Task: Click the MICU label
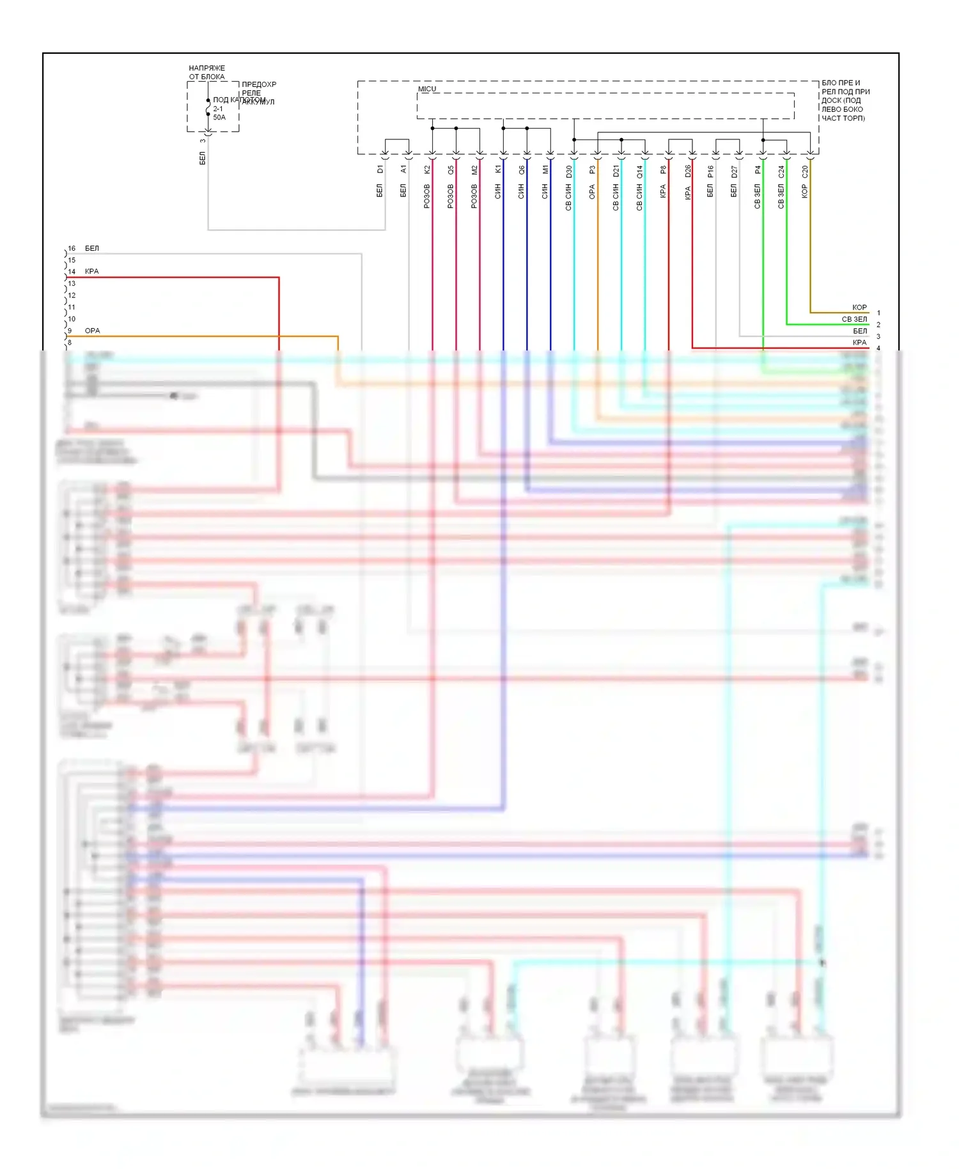tap(426, 89)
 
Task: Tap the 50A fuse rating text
tap(219, 118)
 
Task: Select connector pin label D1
tap(380, 169)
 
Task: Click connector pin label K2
tap(427, 169)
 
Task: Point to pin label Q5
tap(451, 169)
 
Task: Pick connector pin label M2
tap(474, 169)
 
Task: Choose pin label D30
tap(569, 171)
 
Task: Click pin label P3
tap(593, 169)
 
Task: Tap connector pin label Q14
tap(640, 171)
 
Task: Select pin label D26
tap(688, 171)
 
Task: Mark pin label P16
tap(711, 171)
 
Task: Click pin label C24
tap(781, 171)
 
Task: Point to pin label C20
tap(805, 171)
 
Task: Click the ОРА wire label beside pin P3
tap(593, 191)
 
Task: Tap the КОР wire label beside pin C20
tap(805, 191)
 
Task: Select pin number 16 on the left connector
tap(72, 248)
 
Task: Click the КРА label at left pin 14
tap(92, 271)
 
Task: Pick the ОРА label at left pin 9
tap(93, 331)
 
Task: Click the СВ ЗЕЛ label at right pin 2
tap(854, 319)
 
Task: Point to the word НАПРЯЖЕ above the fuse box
tap(207, 68)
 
